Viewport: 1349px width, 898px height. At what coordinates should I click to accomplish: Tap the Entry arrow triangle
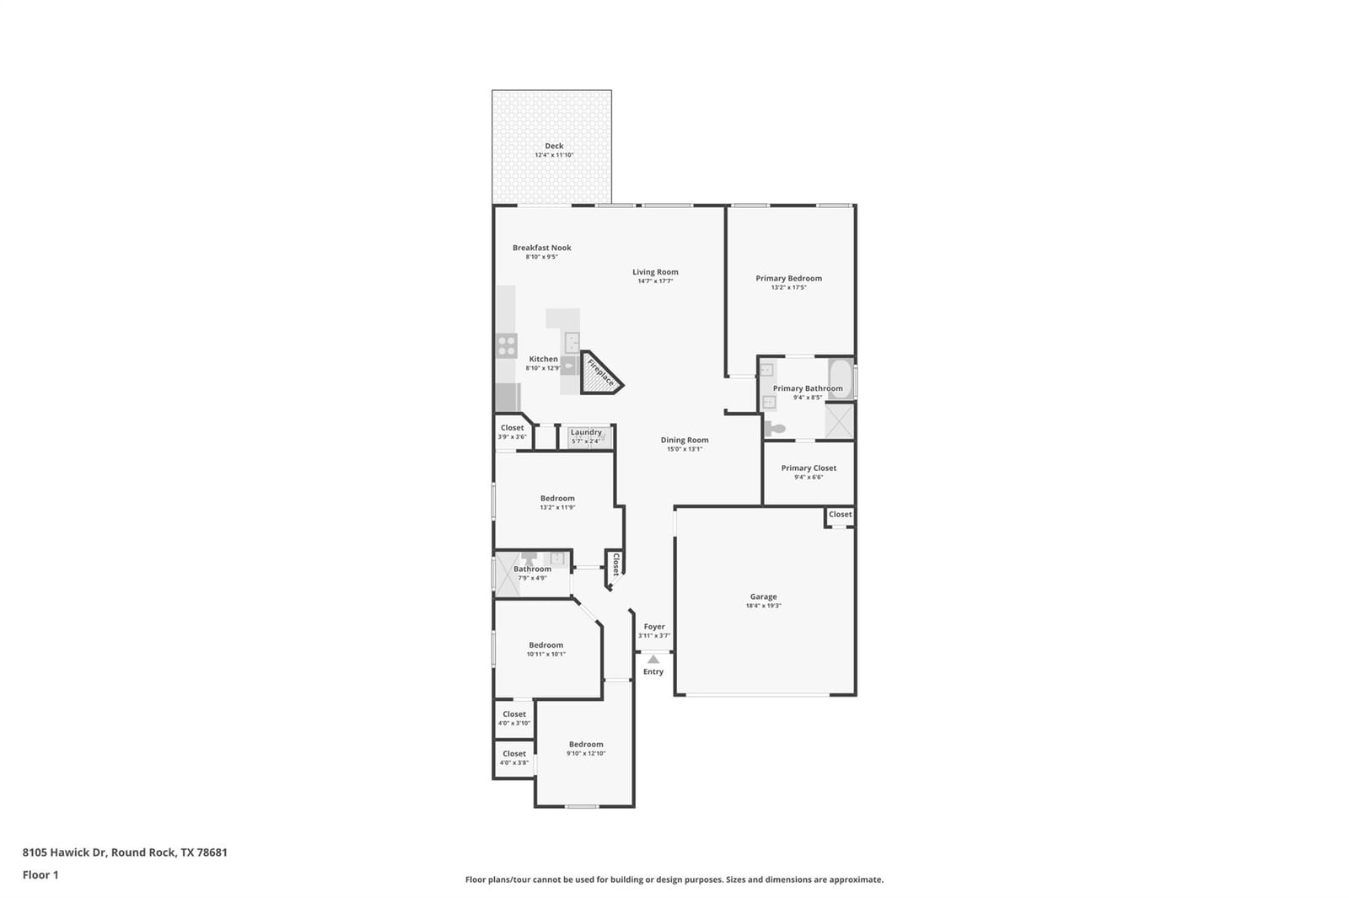click(653, 659)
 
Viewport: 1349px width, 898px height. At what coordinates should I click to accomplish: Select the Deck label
click(554, 146)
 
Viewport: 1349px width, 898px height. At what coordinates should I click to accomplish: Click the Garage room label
click(764, 596)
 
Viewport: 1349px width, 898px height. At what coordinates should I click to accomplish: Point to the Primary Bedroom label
click(789, 278)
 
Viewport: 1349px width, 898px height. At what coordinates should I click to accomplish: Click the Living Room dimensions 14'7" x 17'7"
click(655, 281)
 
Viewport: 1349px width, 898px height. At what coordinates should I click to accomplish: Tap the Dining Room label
click(685, 440)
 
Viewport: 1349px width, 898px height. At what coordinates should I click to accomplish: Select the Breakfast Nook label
click(542, 248)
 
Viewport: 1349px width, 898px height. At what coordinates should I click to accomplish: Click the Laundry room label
click(586, 432)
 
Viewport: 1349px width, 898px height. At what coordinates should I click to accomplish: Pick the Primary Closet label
click(809, 468)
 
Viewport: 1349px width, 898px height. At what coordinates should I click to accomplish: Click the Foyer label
click(654, 627)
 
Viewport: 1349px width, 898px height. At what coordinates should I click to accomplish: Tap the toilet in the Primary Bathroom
click(775, 429)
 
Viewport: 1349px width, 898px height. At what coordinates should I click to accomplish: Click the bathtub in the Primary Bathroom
click(841, 378)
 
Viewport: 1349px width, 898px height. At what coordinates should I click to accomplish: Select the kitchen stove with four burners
click(507, 346)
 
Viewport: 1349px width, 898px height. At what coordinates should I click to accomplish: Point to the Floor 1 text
click(40, 875)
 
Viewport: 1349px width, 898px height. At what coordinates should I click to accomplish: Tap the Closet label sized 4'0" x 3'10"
click(514, 714)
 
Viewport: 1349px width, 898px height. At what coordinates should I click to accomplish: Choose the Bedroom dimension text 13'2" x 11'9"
click(557, 507)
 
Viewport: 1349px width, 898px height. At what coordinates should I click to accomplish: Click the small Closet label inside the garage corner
click(840, 514)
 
